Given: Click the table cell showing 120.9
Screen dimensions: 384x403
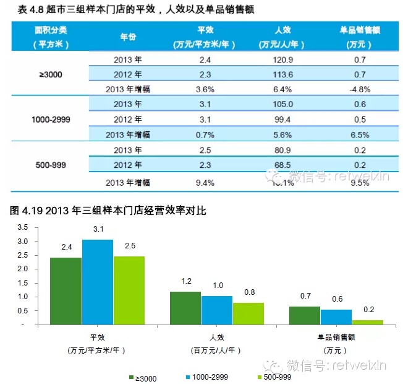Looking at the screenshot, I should pyautogui.click(x=281, y=59).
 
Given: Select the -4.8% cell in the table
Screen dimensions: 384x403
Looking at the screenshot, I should pyautogui.click(x=359, y=89).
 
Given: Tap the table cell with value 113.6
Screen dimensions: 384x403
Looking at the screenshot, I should pyautogui.click(x=281, y=74).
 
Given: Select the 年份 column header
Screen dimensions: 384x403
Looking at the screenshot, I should pyautogui.click(x=128, y=37).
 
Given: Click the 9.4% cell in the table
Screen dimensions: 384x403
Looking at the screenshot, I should pyautogui.click(x=205, y=182).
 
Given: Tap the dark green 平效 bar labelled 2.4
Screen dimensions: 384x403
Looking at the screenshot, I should pyautogui.click(x=66, y=290).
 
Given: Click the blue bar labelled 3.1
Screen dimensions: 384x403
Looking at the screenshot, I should pyautogui.click(x=98, y=282).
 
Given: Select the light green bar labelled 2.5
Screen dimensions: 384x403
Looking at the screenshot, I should pyautogui.click(x=129, y=290).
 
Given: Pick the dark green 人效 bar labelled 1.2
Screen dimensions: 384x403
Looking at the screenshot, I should pyautogui.click(x=185, y=308).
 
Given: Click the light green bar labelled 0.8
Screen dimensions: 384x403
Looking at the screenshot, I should pyautogui.click(x=248, y=313).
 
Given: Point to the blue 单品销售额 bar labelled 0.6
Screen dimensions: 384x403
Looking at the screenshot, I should pyautogui.click(x=336, y=316).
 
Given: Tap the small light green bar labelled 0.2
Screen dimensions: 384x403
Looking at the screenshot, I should pyautogui.click(x=368, y=322).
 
